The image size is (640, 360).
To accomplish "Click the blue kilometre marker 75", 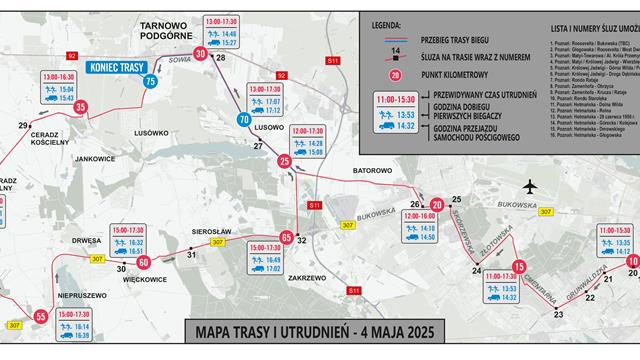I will (x=150, y=82).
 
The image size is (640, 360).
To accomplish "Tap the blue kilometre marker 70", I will (x=243, y=120).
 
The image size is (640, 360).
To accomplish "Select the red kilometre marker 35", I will (x=80, y=108).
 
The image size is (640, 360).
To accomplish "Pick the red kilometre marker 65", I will (x=287, y=237).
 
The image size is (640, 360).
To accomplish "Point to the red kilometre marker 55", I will (x=41, y=317).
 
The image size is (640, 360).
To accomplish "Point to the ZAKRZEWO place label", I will (x=308, y=278).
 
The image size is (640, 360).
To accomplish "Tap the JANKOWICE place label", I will (x=95, y=158).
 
